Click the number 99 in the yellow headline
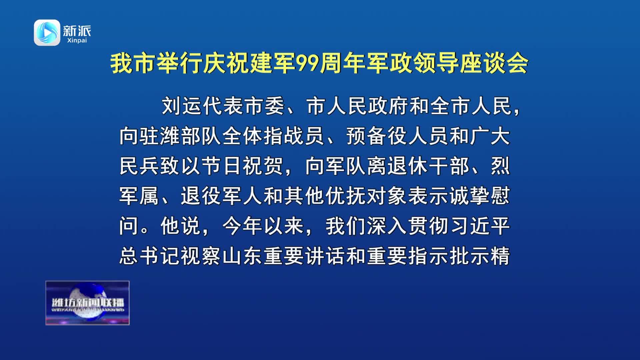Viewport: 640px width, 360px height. [x=307, y=63]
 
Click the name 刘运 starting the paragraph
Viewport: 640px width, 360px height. [x=182, y=106]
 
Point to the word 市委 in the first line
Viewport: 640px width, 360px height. [x=264, y=106]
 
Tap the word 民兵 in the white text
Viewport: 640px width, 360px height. [x=139, y=166]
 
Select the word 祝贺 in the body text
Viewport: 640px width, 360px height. [x=263, y=166]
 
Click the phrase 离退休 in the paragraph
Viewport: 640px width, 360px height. [x=397, y=166]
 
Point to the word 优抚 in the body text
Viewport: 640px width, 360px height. [x=346, y=196]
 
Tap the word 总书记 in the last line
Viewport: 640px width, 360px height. [x=150, y=256]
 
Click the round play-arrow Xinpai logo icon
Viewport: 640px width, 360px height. [x=47, y=32]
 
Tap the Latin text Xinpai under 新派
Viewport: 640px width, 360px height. [x=77, y=40]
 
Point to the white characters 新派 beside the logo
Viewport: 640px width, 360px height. [x=77, y=31]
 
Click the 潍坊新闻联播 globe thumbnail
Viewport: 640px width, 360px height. [x=87, y=303]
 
